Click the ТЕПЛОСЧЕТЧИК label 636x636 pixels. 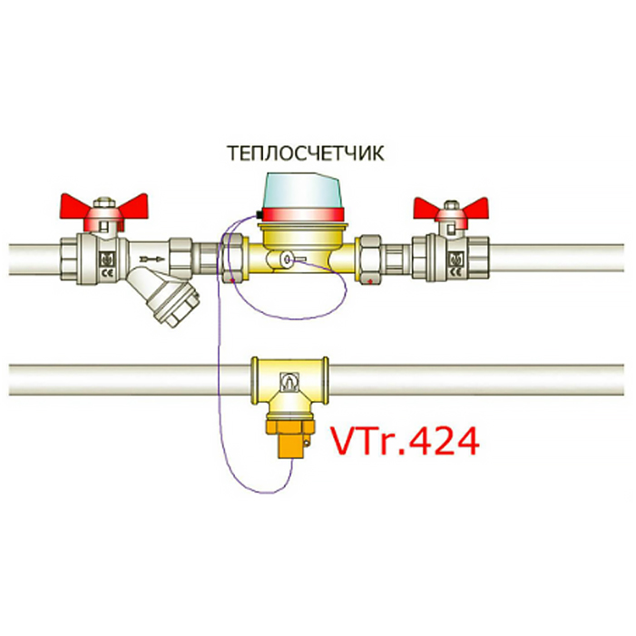pyautogui.click(x=306, y=154)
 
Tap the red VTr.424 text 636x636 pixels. pyautogui.click(x=406, y=441)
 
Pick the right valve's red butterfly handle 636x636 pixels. pyautogui.click(x=451, y=210)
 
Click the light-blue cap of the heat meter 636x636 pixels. pyautogui.click(x=303, y=191)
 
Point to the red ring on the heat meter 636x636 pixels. pyautogui.click(x=302, y=215)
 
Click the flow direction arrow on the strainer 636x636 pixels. pyautogui.click(x=152, y=259)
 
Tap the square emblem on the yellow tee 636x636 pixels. pyautogui.click(x=289, y=382)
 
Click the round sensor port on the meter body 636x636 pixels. pyautogui.click(x=288, y=259)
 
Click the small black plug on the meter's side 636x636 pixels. pyautogui.click(x=258, y=215)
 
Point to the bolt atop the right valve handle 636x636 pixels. pyautogui.click(x=451, y=205)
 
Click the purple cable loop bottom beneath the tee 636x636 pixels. pyautogui.click(x=259, y=492)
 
